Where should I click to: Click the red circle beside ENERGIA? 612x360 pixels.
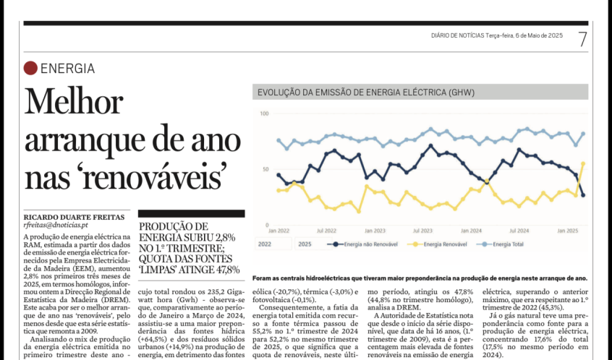pos(30,68)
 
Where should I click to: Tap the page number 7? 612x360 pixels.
pos(582,39)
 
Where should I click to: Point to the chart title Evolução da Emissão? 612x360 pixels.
pos(366,93)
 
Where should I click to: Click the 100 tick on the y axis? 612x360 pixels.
pos(264,113)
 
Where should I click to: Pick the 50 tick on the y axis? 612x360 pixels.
pos(265,169)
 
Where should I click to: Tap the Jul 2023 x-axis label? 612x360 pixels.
pos(422,231)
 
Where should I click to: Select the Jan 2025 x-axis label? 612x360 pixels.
pos(567,231)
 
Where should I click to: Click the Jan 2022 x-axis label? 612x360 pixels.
pos(279,231)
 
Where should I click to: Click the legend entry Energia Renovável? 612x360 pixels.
pos(437,244)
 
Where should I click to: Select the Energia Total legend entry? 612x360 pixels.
pos(500,244)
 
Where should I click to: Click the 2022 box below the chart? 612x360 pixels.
pos(273,244)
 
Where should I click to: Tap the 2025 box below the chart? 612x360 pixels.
pos(313,244)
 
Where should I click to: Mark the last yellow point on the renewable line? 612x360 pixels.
pos(584,164)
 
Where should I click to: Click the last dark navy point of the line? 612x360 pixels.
pos(584,195)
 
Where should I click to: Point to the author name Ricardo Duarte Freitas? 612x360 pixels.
pos(75,218)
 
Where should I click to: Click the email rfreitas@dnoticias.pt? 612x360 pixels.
pos(56,225)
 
